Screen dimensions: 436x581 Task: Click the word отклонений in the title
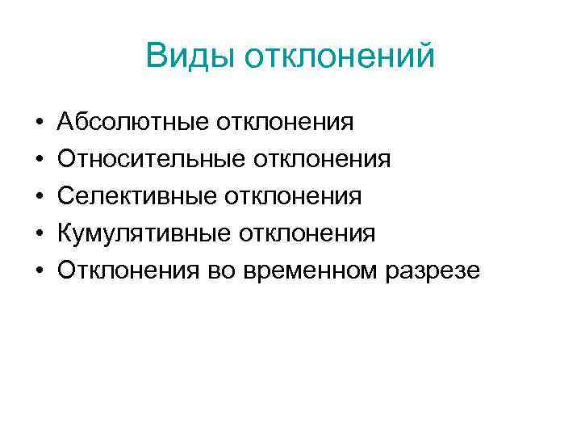(x=339, y=57)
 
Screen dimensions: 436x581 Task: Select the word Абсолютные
(x=132, y=122)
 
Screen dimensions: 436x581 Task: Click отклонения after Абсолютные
(x=285, y=122)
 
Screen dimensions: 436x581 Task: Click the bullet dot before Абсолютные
(x=39, y=123)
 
